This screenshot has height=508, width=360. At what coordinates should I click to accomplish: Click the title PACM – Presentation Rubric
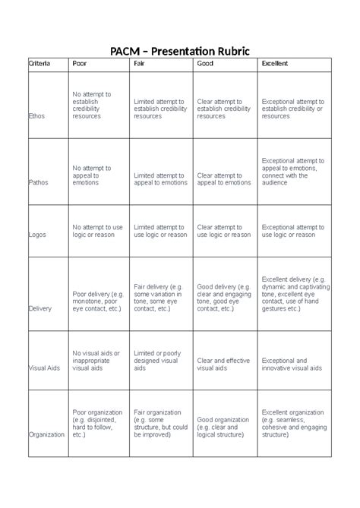pos(180,51)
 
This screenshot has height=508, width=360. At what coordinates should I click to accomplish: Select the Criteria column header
pos(39,64)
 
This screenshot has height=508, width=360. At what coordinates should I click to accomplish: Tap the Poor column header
pos(79,64)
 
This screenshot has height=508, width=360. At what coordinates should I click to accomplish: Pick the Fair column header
pos(140,64)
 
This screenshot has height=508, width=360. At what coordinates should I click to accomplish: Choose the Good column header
pos(205,64)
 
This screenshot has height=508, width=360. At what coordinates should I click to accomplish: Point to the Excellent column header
pos(274,64)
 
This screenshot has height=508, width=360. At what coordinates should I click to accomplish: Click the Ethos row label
pos(36,117)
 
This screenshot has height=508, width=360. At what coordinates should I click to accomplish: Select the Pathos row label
pos(39,182)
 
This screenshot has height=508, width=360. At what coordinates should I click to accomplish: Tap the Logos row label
pos(37,235)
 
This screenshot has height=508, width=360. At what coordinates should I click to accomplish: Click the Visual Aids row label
pos(44,368)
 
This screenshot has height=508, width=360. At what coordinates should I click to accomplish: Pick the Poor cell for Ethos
pos(92,106)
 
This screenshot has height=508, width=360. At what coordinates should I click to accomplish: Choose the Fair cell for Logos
pos(159,231)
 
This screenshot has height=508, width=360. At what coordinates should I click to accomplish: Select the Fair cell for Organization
pos(160,427)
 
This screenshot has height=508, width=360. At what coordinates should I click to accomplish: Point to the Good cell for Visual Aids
pos(224,365)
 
